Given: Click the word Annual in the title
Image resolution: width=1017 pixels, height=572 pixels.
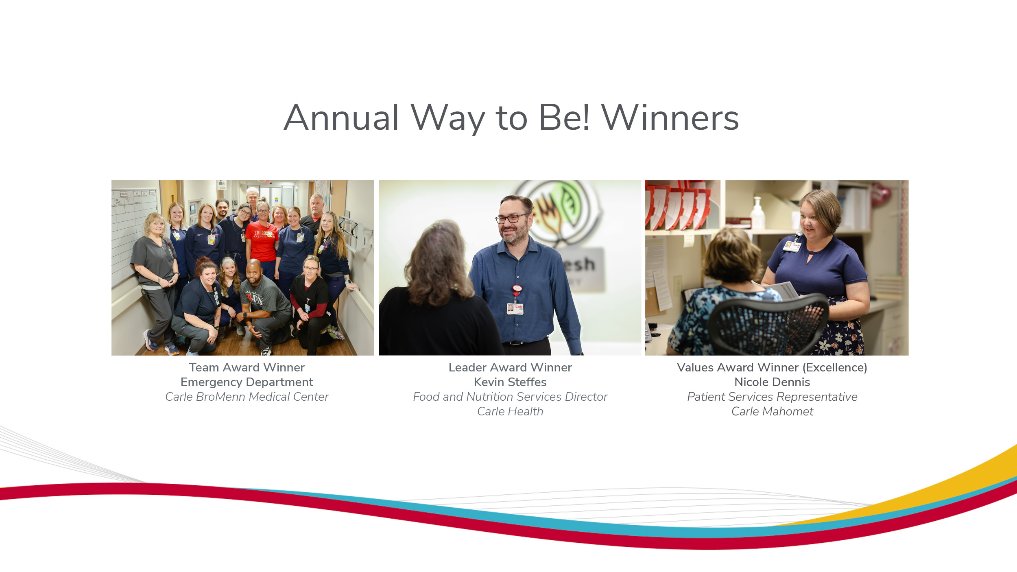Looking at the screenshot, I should [x=341, y=118].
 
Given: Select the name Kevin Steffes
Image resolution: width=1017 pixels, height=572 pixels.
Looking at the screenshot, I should [x=510, y=382].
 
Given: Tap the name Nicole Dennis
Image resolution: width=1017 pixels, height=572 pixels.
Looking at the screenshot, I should [x=772, y=382].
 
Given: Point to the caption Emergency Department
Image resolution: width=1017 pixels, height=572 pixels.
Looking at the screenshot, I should [x=247, y=382].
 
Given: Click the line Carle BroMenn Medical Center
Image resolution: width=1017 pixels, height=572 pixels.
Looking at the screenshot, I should [x=247, y=397].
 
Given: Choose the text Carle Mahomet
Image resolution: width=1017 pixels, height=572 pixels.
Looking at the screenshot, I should [x=772, y=411].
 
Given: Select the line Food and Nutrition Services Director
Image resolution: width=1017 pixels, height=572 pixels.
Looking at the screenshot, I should [x=510, y=397].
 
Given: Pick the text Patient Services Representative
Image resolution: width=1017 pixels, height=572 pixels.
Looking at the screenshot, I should [x=772, y=397].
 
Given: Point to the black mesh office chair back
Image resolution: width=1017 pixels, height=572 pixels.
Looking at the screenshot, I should [x=767, y=325].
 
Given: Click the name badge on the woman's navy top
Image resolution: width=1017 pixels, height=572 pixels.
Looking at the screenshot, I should [x=792, y=246].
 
